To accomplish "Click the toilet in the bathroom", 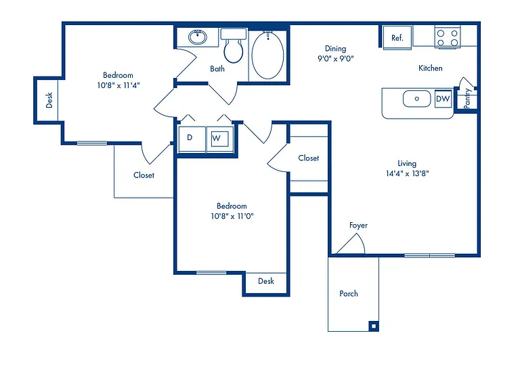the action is coord(234,46).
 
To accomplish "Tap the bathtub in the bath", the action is coord(267,55).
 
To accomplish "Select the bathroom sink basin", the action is coord(198,37).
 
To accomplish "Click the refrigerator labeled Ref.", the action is coord(397,37).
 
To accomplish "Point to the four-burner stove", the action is coord(448,37).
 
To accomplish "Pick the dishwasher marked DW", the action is coord(443,99).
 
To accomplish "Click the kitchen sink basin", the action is coord(417,98).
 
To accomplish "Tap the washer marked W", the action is coord(219,139).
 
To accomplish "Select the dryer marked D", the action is coord(192,139).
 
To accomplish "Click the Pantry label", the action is coord(467,98).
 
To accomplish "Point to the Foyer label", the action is coord(358,225).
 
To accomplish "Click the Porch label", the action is coord(349,293).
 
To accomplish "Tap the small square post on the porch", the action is coord(374,326).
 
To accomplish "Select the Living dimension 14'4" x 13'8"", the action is coord(407,173).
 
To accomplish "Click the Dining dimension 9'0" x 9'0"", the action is coord(336,59).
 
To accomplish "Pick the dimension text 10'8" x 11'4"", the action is coord(118,85).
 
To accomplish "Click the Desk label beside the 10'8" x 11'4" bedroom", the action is coord(49,100).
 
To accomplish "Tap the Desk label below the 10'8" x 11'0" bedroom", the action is coord(266,281).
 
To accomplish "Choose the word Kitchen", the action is coord(431,68).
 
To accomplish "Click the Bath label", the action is coord(217,68).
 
